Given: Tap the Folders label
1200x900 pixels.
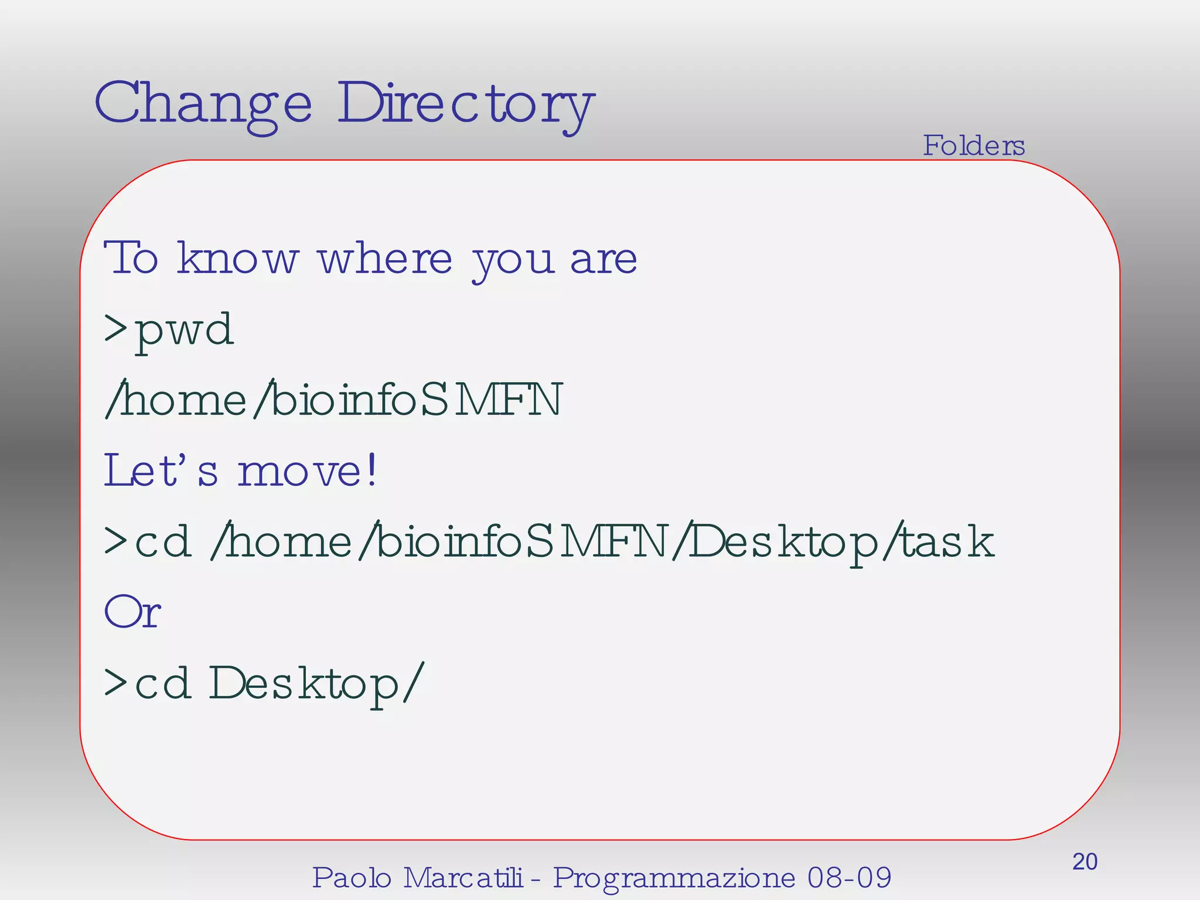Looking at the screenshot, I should (973, 145).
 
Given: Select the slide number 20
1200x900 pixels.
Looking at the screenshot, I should (1085, 862).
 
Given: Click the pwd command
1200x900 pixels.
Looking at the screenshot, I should (184, 330).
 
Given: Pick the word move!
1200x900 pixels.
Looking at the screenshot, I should (307, 471).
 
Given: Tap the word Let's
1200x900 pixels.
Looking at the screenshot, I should (161, 471).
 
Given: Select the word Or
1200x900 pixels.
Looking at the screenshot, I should (132, 612).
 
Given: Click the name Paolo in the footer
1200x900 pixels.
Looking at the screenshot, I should (351, 878).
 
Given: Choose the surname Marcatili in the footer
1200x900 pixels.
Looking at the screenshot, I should (462, 878).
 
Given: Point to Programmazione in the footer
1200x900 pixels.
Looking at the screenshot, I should (674, 878).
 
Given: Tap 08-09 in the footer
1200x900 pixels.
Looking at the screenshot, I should (849, 878).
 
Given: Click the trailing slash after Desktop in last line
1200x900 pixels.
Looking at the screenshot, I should (412, 683).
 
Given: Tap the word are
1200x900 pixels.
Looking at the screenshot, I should (603, 260).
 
